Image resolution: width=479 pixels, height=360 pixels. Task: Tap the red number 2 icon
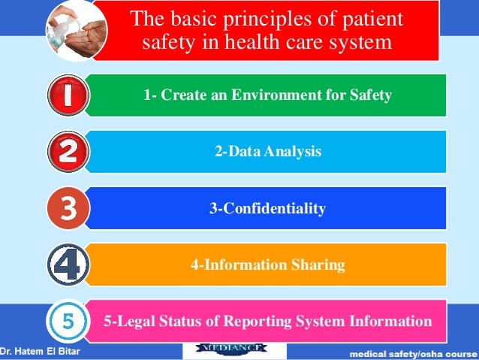pos(68,152)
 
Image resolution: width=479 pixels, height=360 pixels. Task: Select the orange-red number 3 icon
pos(68,208)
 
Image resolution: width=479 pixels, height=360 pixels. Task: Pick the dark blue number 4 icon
pos(68,265)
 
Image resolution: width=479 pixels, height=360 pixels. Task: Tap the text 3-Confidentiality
pos(267,208)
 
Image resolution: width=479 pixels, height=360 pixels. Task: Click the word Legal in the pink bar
pos(132,322)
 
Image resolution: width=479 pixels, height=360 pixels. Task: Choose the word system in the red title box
pos(355,42)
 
